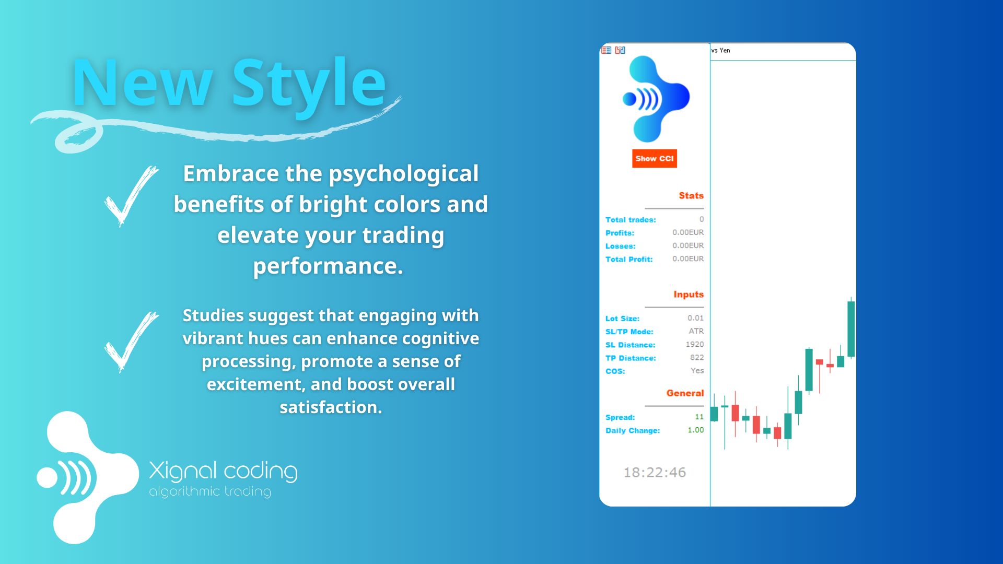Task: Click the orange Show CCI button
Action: click(655, 159)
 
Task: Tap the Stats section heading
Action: click(691, 195)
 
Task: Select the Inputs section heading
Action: click(689, 295)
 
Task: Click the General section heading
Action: click(685, 393)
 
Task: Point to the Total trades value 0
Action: click(702, 219)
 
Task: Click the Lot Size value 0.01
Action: click(695, 318)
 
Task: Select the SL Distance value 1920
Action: click(695, 345)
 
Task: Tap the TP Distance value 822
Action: click(697, 358)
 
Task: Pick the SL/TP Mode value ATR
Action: click(696, 331)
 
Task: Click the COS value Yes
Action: click(697, 371)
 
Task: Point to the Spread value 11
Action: click(699, 417)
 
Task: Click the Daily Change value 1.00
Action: click(696, 430)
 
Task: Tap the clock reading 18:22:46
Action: click(655, 473)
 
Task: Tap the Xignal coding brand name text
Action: click(223, 472)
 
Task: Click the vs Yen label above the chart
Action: click(720, 51)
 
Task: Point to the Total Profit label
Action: click(629, 260)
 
